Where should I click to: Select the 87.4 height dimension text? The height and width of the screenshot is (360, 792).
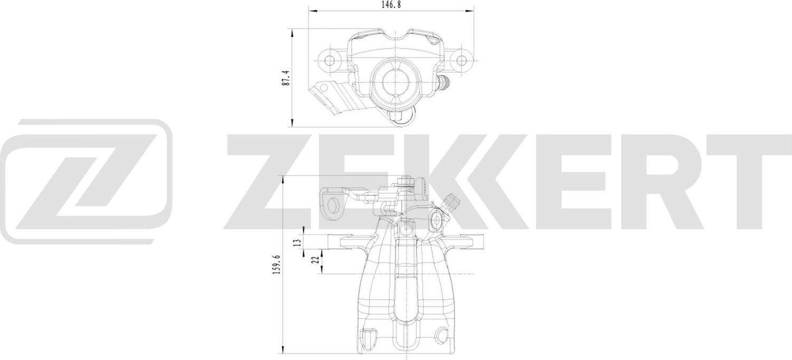(x=286, y=78)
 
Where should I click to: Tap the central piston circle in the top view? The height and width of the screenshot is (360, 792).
(x=395, y=81)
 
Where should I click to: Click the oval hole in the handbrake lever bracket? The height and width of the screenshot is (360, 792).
(x=334, y=205)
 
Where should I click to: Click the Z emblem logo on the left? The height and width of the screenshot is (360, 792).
(x=87, y=181)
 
